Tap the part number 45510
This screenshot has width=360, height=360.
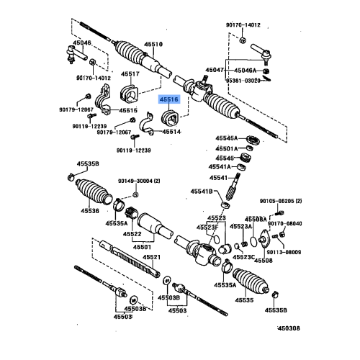pos(152,44)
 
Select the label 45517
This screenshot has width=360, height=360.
pos(131,74)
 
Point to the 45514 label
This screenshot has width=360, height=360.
pos(172,132)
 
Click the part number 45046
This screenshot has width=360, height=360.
pos(84,42)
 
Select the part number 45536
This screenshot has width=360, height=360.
pos(90,211)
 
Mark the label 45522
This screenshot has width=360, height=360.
pos(132,234)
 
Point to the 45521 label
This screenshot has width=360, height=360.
pos(151,257)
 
